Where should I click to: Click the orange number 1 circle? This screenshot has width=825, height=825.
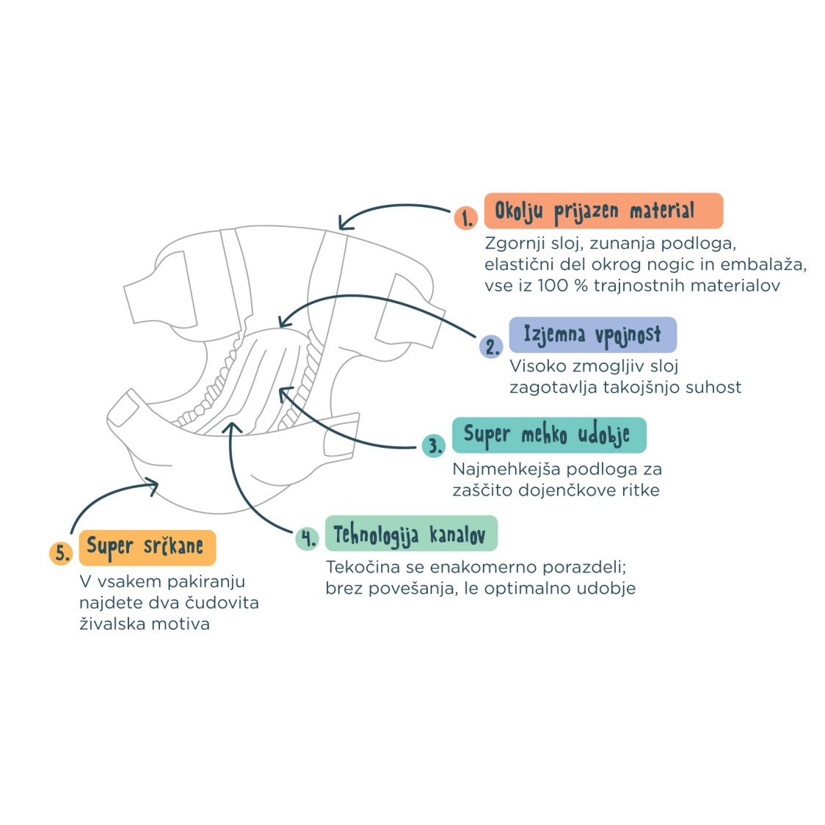(465, 218)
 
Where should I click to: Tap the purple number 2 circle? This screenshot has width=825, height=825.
(491, 346)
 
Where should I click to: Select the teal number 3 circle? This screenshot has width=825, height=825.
(434, 446)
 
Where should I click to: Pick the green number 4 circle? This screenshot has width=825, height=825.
(308, 538)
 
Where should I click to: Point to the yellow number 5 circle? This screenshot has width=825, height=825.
(61, 553)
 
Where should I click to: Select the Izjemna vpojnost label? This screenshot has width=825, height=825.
(593, 335)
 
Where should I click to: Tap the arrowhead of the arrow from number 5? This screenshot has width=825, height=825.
(153, 485)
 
